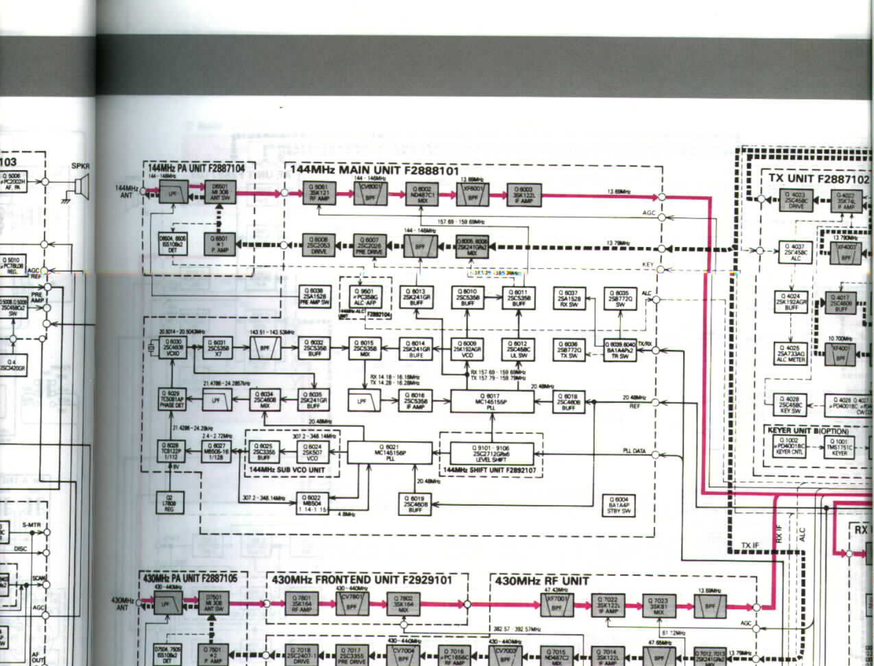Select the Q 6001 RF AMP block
(319, 193)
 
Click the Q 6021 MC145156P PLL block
(389, 452)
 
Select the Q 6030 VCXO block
(173, 348)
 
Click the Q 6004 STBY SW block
(619, 505)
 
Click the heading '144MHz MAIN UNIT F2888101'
(375, 170)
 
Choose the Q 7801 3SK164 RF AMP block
(301, 603)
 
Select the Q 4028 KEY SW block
(790, 403)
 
